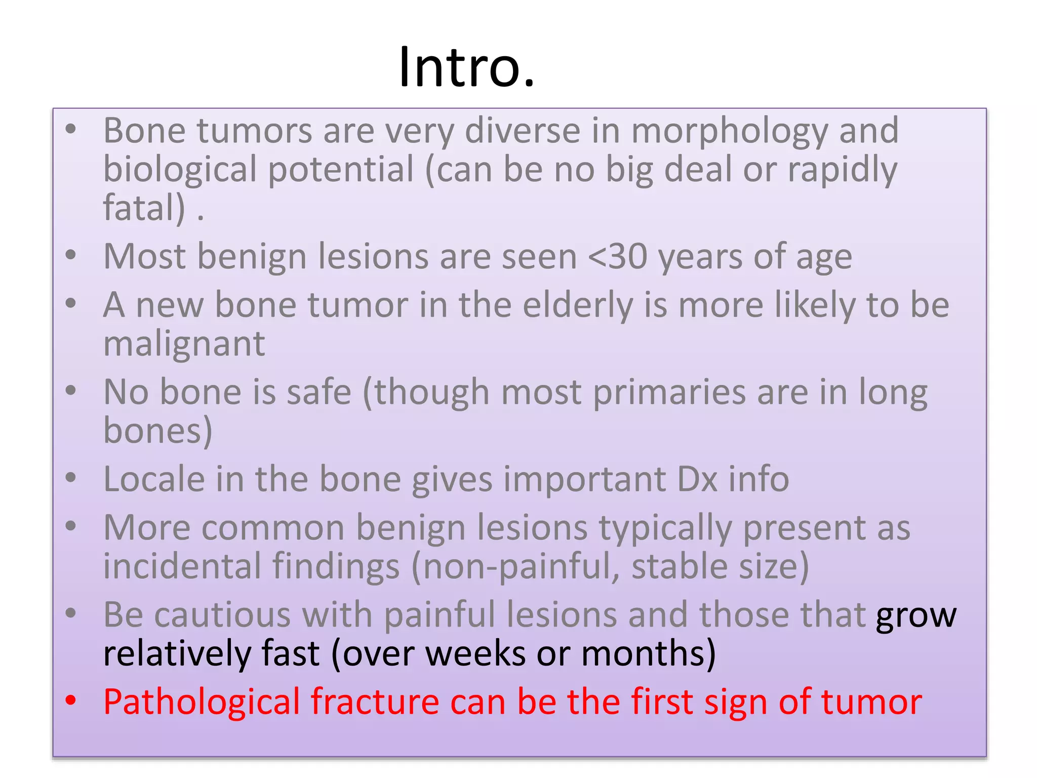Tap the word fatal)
(x=144, y=208)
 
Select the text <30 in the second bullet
(x=617, y=257)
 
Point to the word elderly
(x=577, y=305)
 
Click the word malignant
(x=184, y=344)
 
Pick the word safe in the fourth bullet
(x=319, y=393)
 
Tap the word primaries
(x=669, y=393)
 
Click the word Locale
(x=154, y=479)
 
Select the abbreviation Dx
(x=697, y=479)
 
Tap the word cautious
(x=222, y=615)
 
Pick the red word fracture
(x=375, y=702)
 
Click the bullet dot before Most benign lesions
(x=71, y=255)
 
